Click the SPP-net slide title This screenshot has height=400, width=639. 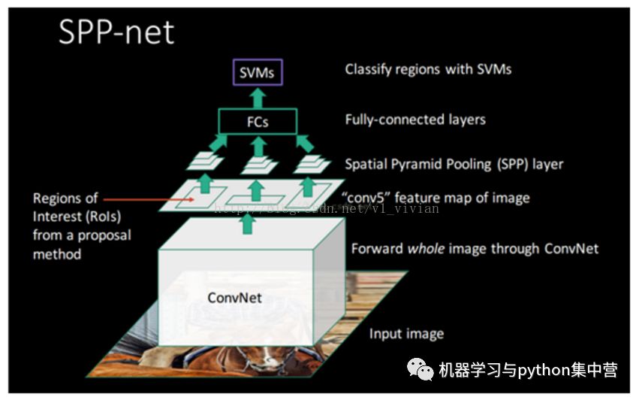[x=116, y=32]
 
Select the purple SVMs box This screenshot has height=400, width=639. [x=257, y=72]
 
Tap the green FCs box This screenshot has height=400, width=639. [x=258, y=121]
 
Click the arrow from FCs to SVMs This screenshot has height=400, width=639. [x=258, y=97]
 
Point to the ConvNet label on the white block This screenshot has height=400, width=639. [x=234, y=298]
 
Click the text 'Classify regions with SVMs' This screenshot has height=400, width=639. [x=428, y=69]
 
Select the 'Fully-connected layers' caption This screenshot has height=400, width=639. [x=415, y=120]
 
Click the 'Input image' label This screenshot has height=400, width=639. [x=406, y=333]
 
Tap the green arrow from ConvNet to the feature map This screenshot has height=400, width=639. [x=248, y=223]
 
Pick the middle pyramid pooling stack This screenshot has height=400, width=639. [x=258, y=164]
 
